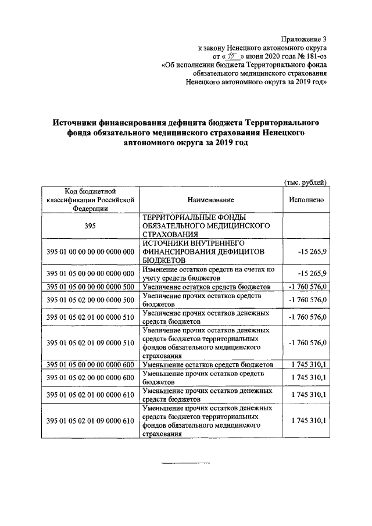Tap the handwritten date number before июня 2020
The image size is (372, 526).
coord(233,56)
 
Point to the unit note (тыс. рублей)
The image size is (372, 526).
coord(306,182)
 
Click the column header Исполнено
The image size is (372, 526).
coord(306,199)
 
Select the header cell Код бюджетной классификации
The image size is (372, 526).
coord(90,199)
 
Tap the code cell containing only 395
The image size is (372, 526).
coord(90,226)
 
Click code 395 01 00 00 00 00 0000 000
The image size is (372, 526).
coord(90,251)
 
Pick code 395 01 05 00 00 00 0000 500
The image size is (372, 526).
coord(90,287)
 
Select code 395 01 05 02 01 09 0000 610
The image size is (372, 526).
coord(90,421)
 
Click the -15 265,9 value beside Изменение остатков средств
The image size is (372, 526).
coord(312,273)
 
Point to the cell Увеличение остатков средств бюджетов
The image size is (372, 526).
coord(206,287)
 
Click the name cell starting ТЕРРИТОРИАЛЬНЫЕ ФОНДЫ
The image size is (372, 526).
coord(206,226)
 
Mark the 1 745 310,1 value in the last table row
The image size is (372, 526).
coord(307,421)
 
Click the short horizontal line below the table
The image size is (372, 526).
coord(185,463)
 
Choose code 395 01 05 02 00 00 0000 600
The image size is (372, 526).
coord(90,377)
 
